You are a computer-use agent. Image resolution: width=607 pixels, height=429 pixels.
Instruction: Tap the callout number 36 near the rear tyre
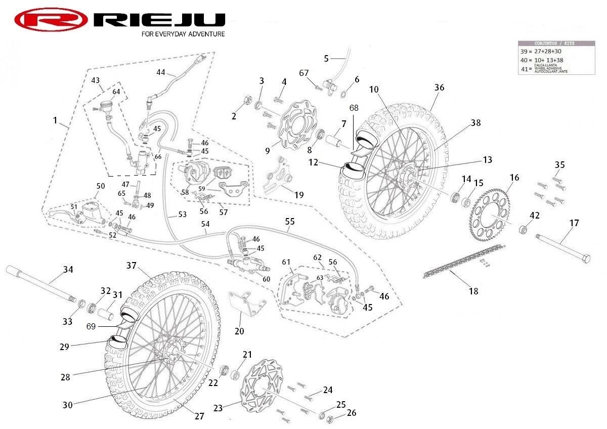439,88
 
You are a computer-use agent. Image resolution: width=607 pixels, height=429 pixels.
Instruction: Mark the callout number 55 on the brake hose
289,221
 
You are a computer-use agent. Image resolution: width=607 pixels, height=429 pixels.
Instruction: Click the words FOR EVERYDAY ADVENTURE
183,34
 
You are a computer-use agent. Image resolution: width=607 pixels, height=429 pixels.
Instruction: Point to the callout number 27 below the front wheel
199,416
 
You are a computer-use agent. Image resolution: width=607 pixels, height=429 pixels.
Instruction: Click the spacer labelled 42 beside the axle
524,231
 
